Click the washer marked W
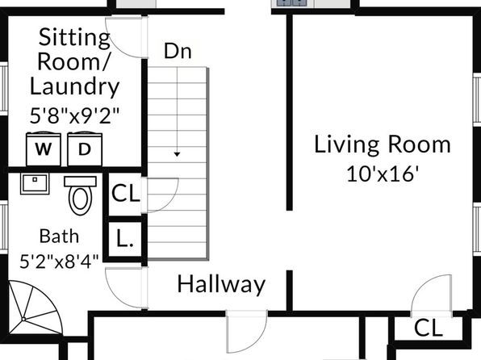pos(44,149)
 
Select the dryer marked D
pos(85,149)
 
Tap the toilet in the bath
pos(80,195)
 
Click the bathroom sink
pos(35,183)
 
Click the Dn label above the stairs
pos(178,51)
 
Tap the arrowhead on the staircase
pos(177,154)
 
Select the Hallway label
pos(221,285)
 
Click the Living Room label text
pos(383,144)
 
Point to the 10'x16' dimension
pos(383,174)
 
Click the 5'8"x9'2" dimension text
pos(74,115)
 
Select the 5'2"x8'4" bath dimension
pos(59,262)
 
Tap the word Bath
pos(59,237)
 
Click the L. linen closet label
pos(125,239)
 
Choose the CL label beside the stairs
pos(125,194)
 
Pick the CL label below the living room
pos(429,328)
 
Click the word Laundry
pos(74,87)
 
